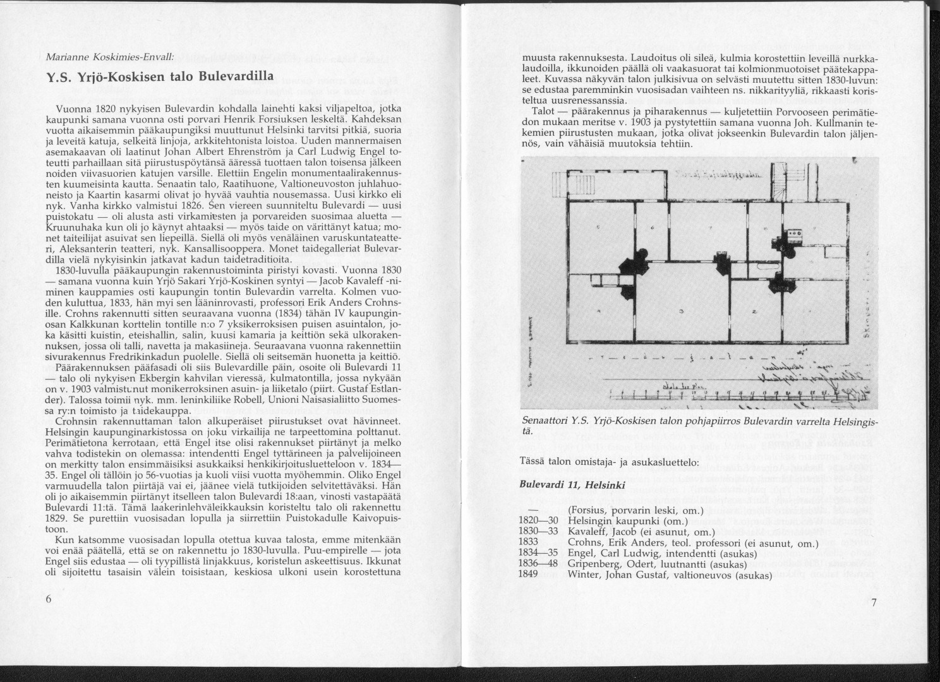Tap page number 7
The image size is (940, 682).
[874, 602]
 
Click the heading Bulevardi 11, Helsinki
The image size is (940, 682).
[572, 486]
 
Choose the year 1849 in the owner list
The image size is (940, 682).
[528, 575]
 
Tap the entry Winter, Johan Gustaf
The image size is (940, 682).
[670, 575]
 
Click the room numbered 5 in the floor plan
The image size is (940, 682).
[598, 227]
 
